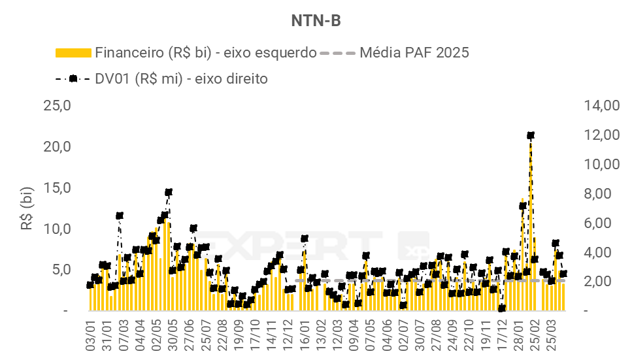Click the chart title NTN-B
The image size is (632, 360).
316,21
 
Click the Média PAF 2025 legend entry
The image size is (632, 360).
414,53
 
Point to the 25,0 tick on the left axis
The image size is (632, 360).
58,105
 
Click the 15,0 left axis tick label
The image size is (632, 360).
58,188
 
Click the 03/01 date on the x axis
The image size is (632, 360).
91,335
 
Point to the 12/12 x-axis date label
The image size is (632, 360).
288,335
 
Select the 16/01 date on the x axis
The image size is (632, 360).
305,335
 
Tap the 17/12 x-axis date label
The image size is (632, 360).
502,335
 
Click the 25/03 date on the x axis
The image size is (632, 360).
552,335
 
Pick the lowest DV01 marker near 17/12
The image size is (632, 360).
502,308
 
